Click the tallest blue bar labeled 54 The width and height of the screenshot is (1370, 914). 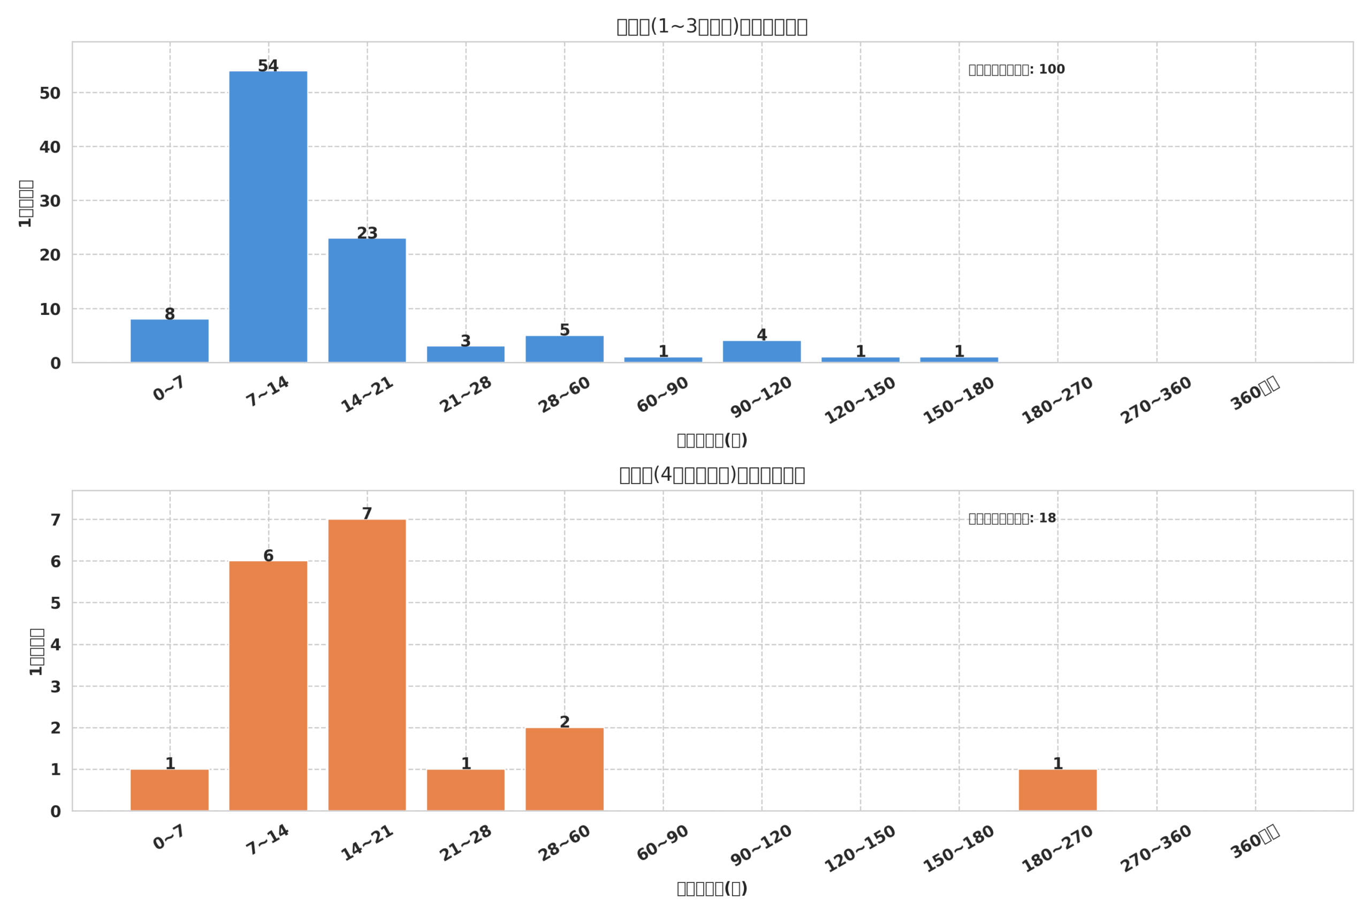268,217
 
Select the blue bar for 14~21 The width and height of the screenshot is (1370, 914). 367,300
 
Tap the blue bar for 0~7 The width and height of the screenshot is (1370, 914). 170,341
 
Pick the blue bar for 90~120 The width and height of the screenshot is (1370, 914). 762,351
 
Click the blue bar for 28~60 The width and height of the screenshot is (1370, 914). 565,349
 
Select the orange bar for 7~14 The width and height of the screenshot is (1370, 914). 268,685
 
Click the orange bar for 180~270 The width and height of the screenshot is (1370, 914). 1058,790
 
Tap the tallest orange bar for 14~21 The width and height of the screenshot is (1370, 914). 367,664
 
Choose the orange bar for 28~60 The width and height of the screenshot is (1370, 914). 565,769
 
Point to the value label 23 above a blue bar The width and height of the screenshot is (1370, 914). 367,233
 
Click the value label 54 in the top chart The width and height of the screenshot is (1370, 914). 268,66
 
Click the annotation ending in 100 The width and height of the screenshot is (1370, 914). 1016,70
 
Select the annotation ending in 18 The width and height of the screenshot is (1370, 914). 1012,518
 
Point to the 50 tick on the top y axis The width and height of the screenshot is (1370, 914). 50,93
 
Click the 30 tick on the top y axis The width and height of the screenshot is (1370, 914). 50,201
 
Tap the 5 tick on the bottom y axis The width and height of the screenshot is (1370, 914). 55,603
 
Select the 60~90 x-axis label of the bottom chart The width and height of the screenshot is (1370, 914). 663,843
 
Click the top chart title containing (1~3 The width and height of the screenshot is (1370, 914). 712,26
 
